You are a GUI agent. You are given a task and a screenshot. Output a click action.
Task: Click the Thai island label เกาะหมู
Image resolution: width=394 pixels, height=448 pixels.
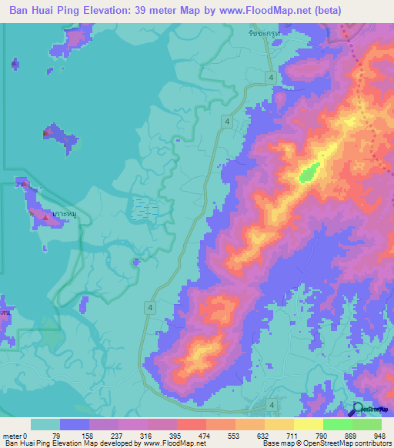59,212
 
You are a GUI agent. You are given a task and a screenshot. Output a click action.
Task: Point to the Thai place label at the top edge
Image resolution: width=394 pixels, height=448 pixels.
262,35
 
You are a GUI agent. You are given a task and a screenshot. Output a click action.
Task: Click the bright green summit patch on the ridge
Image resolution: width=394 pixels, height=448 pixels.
309,172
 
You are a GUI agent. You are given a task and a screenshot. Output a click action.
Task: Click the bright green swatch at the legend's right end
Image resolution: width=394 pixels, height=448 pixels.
366,424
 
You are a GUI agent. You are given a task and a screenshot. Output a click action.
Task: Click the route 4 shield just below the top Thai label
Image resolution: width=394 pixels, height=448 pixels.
272,77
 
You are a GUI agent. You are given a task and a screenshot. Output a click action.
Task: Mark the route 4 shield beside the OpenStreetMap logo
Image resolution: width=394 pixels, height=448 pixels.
272,404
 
